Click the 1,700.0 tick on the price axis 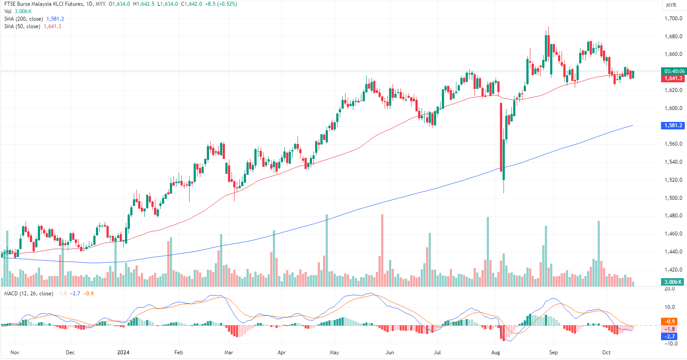click(673, 18)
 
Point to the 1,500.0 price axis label click(673, 198)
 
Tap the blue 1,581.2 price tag click(673, 125)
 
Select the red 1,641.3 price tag click(673, 78)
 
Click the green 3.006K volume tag click(673, 282)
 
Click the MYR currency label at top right click(671, 5)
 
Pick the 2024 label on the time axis click(123, 353)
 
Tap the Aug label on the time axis click(496, 353)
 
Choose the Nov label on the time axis click(15, 353)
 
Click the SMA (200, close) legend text click(24, 19)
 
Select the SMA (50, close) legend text click(22, 26)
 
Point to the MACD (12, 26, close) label click(29, 294)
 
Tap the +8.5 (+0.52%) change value click(221, 4)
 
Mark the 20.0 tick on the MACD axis click(669, 289)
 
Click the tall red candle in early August click(501, 137)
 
